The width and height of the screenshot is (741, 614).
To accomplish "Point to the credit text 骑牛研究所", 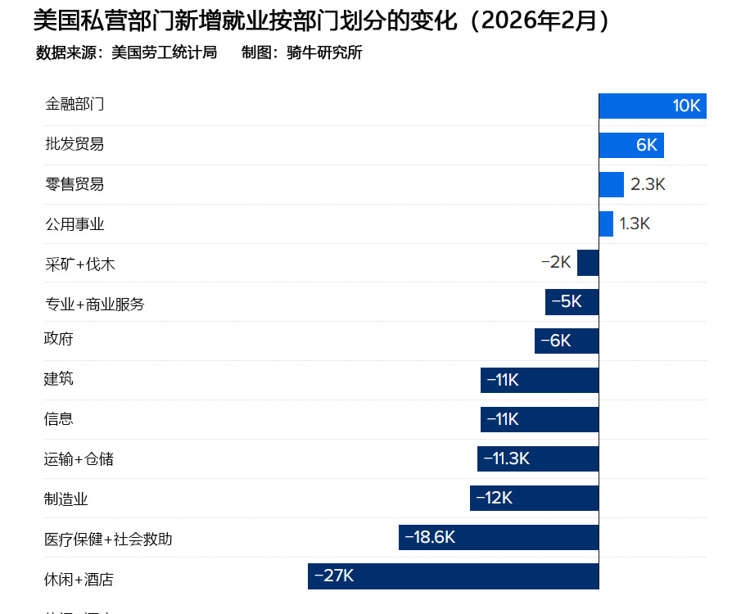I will point(324,53).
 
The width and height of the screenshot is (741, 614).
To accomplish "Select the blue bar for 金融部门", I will point(652,106).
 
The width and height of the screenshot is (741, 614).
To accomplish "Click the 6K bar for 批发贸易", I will point(630,145).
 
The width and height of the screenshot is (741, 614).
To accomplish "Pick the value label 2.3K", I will point(648,184).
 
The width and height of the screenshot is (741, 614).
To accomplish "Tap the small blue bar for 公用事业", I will point(606,223).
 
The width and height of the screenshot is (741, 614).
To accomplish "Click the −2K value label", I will point(556,263).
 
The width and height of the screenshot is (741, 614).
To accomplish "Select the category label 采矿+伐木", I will point(80,264).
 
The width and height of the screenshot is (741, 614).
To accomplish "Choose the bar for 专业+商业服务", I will point(572,302).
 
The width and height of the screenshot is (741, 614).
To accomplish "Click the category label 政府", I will point(59,339).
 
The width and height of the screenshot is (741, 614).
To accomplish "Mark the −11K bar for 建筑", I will point(540,380).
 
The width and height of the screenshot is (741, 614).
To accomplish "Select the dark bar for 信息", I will point(540,419).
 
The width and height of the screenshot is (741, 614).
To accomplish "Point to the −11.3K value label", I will point(507,458).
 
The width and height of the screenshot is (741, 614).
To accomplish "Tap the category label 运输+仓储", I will point(79,459).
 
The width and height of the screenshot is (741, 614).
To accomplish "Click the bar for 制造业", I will point(534,498).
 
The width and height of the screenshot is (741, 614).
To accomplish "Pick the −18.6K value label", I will point(430,537).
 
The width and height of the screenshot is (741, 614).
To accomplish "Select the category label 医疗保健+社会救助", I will point(108,540).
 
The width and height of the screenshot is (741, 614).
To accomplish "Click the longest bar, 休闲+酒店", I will point(453,576).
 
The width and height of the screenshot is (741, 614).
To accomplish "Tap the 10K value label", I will point(686,106).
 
